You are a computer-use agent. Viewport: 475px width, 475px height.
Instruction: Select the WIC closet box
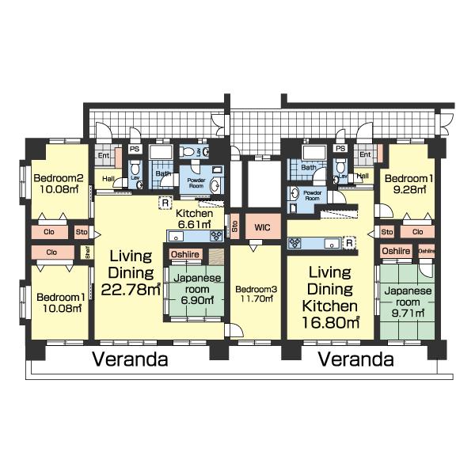[261, 227]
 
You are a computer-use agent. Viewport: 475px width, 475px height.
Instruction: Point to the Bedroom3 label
[256, 290]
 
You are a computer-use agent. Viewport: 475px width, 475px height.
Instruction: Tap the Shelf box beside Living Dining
[88, 253]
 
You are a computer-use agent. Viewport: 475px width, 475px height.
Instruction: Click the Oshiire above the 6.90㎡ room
[184, 254]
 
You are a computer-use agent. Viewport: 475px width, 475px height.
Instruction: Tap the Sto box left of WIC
[235, 228]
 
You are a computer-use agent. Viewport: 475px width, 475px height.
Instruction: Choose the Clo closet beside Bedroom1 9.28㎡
[417, 232]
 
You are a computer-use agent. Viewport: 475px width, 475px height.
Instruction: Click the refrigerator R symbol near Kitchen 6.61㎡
[164, 202]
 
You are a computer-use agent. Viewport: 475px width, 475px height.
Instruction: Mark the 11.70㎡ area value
[256, 301]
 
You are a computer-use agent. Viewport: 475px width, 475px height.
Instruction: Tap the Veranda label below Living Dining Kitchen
[356, 359]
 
